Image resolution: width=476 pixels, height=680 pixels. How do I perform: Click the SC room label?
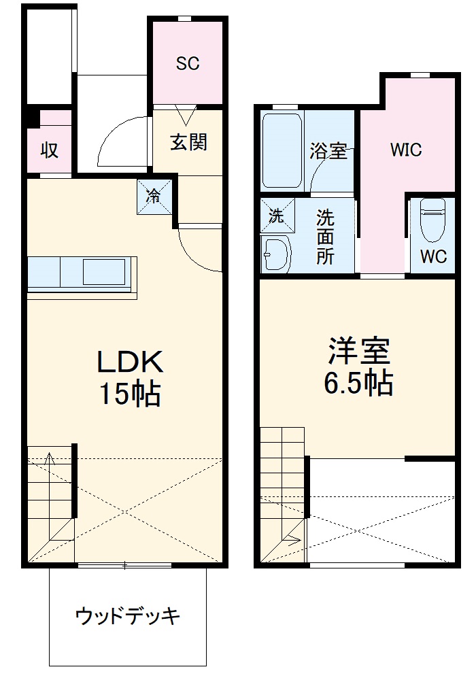click(x=187, y=64)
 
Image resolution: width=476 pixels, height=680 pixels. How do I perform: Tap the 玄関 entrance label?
click(x=188, y=143)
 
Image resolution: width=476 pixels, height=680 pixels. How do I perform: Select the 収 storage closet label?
click(x=48, y=150)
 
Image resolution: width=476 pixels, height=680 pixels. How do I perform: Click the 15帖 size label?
click(x=131, y=394)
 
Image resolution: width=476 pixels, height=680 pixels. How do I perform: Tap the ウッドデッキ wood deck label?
click(x=128, y=617)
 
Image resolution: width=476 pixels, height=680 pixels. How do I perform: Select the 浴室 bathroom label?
click(x=328, y=150)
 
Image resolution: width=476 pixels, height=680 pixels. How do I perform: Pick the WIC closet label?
click(x=406, y=150)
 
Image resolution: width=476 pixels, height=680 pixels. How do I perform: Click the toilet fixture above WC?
click(x=432, y=219)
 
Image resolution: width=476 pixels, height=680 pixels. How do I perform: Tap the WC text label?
click(x=433, y=257)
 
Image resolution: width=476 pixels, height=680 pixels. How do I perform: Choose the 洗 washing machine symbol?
click(x=276, y=217)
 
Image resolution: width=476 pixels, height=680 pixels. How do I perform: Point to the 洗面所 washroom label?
click(x=325, y=238)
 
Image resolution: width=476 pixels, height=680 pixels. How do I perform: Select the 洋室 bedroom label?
click(x=358, y=352)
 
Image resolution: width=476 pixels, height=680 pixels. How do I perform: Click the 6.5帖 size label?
click(x=358, y=384)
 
